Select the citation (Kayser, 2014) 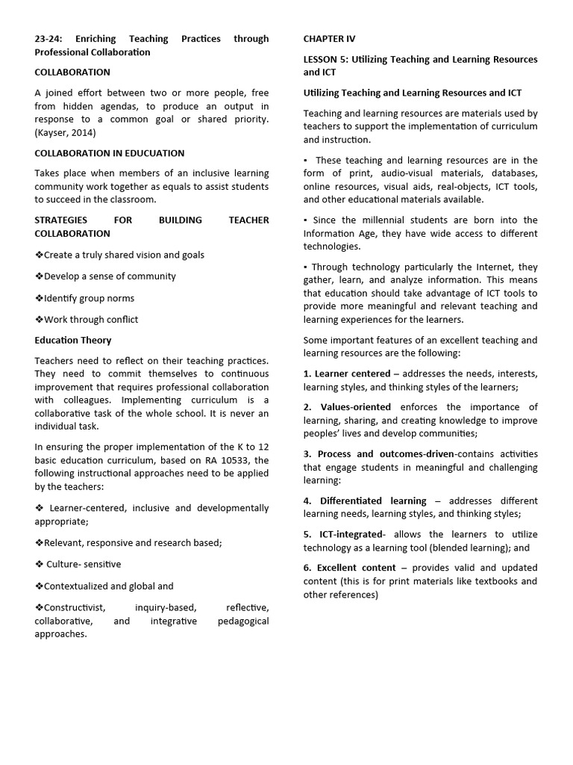(65, 133)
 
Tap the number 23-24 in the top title (48, 38)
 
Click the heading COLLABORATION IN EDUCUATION (109, 153)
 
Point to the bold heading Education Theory (73, 340)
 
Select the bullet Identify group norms (85, 298)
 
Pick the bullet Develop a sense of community (105, 276)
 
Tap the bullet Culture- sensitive (78, 564)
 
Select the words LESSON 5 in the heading (326, 59)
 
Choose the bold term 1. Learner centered (347, 374)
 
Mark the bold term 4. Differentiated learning (365, 501)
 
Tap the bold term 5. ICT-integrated (344, 534)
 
